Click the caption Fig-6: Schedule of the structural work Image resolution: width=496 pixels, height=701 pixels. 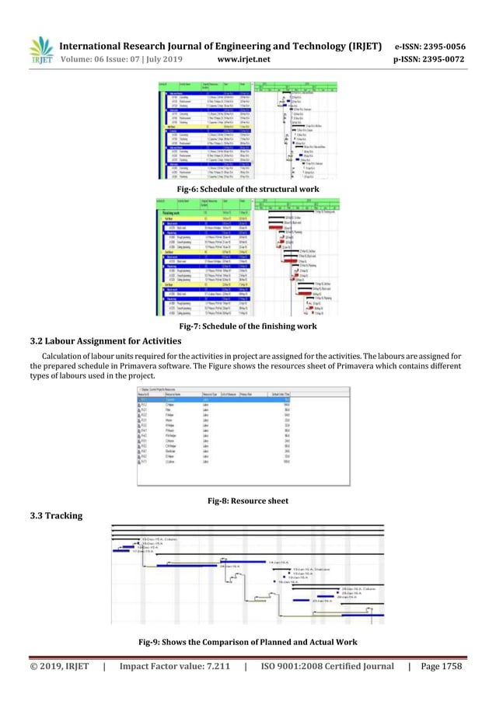(247, 187)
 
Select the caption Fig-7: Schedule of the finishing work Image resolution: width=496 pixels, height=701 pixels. (247, 326)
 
